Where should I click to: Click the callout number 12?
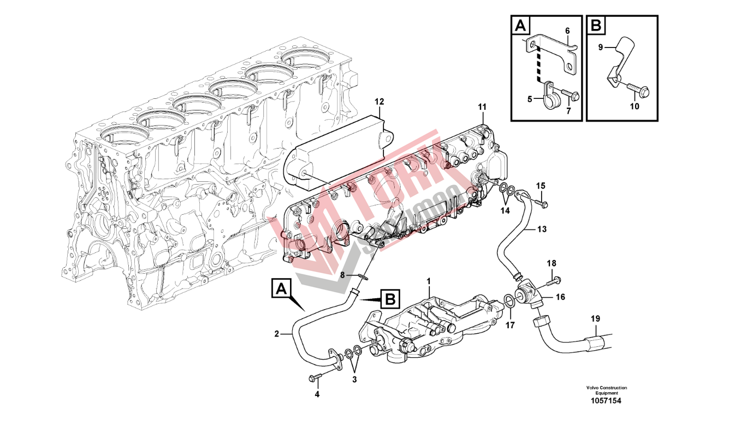[x=380, y=102]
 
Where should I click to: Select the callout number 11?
[x=482, y=106]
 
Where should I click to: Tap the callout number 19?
[x=595, y=318]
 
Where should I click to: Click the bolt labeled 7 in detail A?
[x=571, y=97]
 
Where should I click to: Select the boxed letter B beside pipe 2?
[x=390, y=299]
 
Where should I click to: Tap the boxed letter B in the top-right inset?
[x=596, y=25]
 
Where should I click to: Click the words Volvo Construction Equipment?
[x=606, y=390]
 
